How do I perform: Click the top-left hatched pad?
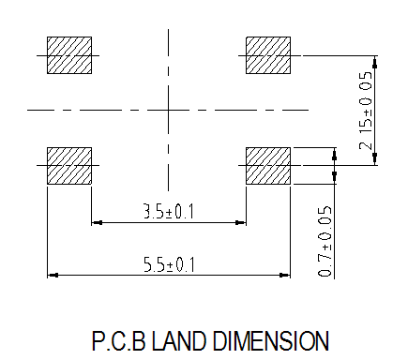click(x=69, y=55)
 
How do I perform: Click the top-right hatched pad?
click(x=268, y=55)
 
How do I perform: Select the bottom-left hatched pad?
click(x=69, y=166)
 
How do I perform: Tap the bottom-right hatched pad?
click(x=268, y=166)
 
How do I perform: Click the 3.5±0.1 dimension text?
click(x=169, y=211)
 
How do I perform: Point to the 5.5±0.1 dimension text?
click(x=169, y=264)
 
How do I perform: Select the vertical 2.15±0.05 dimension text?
click(x=366, y=111)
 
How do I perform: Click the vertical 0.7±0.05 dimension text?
click(x=325, y=241)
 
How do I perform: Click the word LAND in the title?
click(x=179, y=341)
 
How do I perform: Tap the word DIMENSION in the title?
click(x=271, y=341)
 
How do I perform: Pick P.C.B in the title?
click(x=119, y=341)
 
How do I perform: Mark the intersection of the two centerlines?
click(x=169, y=110)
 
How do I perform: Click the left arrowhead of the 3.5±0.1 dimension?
click(x=97, y=223)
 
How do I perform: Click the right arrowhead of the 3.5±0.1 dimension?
click(x=241, y=223)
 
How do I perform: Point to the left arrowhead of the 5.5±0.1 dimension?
click(x=53, y=276)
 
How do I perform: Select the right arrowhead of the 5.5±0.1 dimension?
click(x=285, y=276)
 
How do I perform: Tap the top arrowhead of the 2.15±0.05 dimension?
click(x=375, y=62)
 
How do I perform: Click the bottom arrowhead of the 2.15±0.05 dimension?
click(x=375, y=159)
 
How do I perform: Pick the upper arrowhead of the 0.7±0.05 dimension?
click(x=334, y=154)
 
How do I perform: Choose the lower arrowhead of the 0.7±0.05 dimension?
click(x=334, y=176)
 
